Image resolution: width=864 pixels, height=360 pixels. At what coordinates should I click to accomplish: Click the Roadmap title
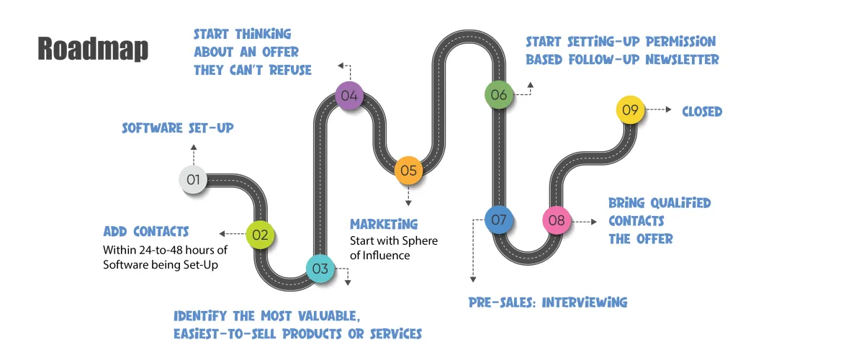[93, 49]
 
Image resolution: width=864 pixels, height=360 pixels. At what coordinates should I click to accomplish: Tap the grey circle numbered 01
[193, 179]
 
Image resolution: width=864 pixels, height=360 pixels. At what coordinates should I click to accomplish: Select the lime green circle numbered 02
[260, 235]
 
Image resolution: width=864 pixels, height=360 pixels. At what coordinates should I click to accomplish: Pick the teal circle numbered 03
[320, 269]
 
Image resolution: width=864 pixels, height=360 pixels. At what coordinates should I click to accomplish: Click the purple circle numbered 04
[349, 95]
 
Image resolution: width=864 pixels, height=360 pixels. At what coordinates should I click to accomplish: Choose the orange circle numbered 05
[408, 170]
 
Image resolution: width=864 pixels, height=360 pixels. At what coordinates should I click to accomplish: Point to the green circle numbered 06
[499, 94]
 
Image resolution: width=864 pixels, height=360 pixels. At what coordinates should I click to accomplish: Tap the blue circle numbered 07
[499, 220]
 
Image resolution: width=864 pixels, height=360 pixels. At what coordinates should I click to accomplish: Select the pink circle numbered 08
[557, 220]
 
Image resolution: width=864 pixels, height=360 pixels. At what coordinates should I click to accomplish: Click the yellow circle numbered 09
[630, 109]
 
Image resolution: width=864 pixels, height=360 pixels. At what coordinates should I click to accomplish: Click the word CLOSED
[702, 112]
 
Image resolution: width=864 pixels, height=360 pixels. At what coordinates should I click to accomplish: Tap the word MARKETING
[384, 224]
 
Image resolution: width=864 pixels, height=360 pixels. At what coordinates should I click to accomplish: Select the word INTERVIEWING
[585, 302]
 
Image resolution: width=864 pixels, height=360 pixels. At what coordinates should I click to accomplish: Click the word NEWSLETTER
[683, 60]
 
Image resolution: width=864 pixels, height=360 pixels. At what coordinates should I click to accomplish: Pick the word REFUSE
[290, 71]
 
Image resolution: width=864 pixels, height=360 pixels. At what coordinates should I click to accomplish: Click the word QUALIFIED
[680, 203]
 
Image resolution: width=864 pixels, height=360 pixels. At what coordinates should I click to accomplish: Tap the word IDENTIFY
[200, 316]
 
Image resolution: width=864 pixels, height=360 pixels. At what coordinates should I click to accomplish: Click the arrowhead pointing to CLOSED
[668, 109]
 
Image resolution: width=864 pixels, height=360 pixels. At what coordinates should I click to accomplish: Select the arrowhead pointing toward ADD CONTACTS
[222, 234]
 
